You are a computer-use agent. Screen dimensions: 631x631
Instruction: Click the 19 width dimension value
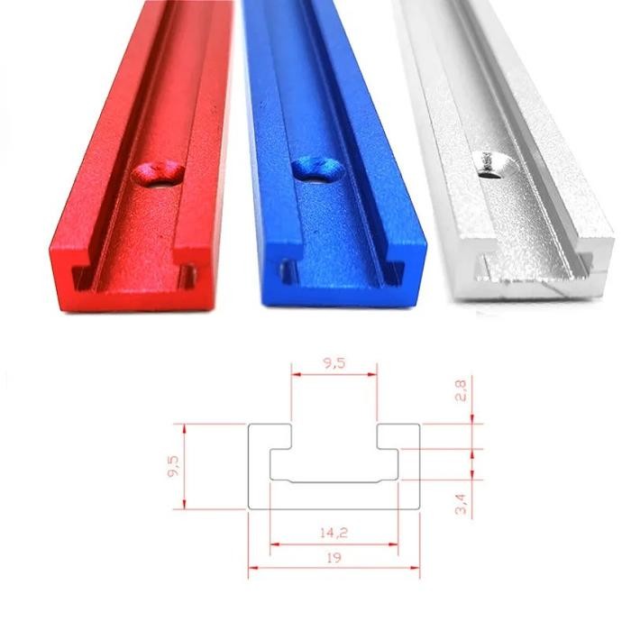click(x=334, y=559)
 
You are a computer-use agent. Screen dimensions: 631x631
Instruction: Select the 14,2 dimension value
click(x=334, y=533)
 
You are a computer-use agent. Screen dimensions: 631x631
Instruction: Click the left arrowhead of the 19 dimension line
click(x=252, y=567)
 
